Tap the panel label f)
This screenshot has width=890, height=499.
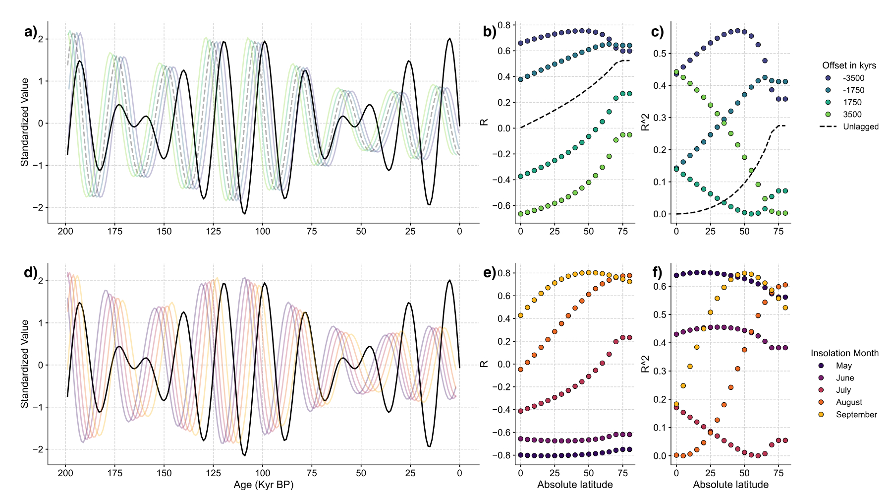pos(657,272)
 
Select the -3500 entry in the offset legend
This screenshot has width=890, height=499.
pos(853,78)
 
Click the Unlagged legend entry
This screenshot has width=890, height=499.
pos(860,127)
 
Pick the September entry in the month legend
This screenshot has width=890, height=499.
pos(856,415)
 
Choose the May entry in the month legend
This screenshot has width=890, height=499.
pos(843,366)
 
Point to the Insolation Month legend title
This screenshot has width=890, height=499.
pos(844,353)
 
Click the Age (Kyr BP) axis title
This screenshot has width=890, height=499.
pos(263,485)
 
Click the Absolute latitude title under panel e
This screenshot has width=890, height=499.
pos(575,485)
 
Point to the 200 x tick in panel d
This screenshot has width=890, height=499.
pos(65,473)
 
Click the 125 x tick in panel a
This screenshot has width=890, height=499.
pos(214,231)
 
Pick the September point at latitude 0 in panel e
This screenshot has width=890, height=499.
pos(520,315)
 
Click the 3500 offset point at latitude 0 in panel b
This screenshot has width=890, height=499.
pos(520,214)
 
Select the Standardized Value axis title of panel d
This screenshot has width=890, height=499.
pos(25,364)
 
